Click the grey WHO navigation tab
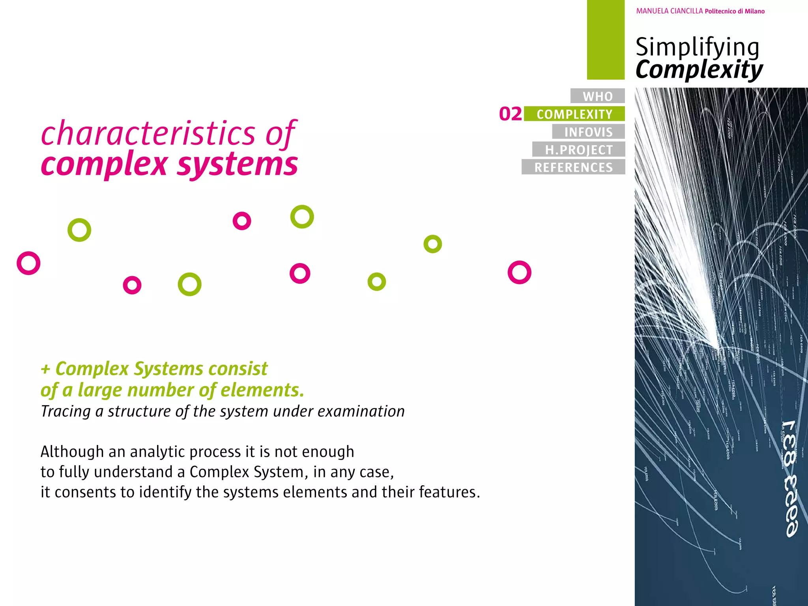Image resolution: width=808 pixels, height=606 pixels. [x=597, y=96]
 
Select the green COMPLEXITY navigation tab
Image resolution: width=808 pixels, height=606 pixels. [x=574, y=114]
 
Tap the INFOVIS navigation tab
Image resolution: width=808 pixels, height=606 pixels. [x=588, y=132]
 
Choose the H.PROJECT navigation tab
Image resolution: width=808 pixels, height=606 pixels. [x=579, y=150]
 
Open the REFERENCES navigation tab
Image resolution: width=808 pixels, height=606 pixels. [x=573, y=167]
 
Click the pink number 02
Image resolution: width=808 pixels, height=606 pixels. [x=511, y=114]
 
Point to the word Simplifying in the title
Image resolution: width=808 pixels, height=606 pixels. [x=697, y=47]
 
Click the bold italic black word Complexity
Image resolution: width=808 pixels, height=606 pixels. [x=699, y=70]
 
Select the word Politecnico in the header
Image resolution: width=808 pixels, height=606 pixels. [x=720, y=11]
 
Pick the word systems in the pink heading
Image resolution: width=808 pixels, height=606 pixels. [x=238, y=164]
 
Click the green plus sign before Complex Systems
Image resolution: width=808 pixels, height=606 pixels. [x=45, y=369]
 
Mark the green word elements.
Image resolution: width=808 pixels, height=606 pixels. [x=262, y=390]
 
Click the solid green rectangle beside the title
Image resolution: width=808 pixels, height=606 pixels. [x=606, y=39]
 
